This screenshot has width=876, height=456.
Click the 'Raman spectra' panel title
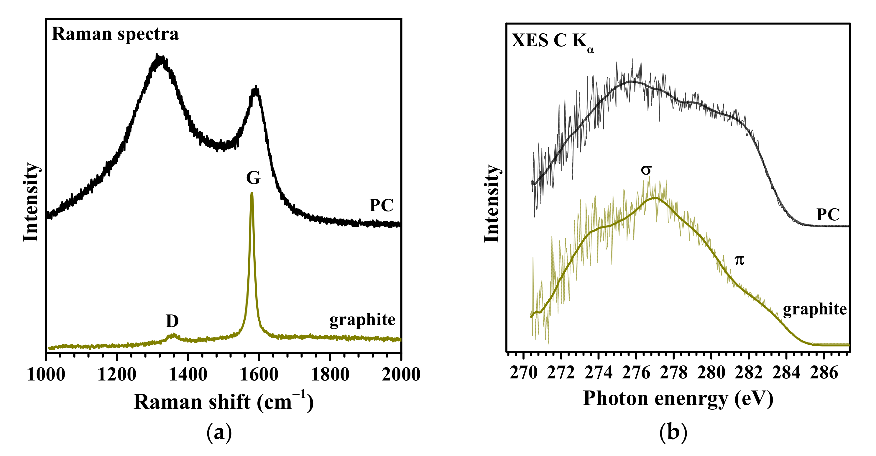[x=115, y=34]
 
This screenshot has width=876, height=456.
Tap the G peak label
[x=253, y=178]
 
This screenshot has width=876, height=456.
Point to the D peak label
[x=172, y=321]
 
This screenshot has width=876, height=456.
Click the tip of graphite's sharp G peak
[x=252, y=193]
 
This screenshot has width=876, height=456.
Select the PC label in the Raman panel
[x=381, y=206]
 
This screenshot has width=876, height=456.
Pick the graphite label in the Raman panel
[x=362, y=320]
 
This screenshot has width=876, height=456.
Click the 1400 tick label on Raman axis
[x=188, y=375]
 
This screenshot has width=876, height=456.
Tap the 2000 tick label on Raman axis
[x=401, y=375]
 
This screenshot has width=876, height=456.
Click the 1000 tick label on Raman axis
[x=46, y=375]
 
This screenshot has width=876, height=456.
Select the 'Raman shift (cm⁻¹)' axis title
[x=223, y=401]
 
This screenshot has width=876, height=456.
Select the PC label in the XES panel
[x=828, y=215]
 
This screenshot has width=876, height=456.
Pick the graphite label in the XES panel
[x=815, y=309]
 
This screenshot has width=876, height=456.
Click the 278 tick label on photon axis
[x=674, y=373]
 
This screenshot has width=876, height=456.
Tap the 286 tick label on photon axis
[x=824, y=373]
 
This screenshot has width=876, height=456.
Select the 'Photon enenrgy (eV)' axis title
[x=678, y=398]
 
